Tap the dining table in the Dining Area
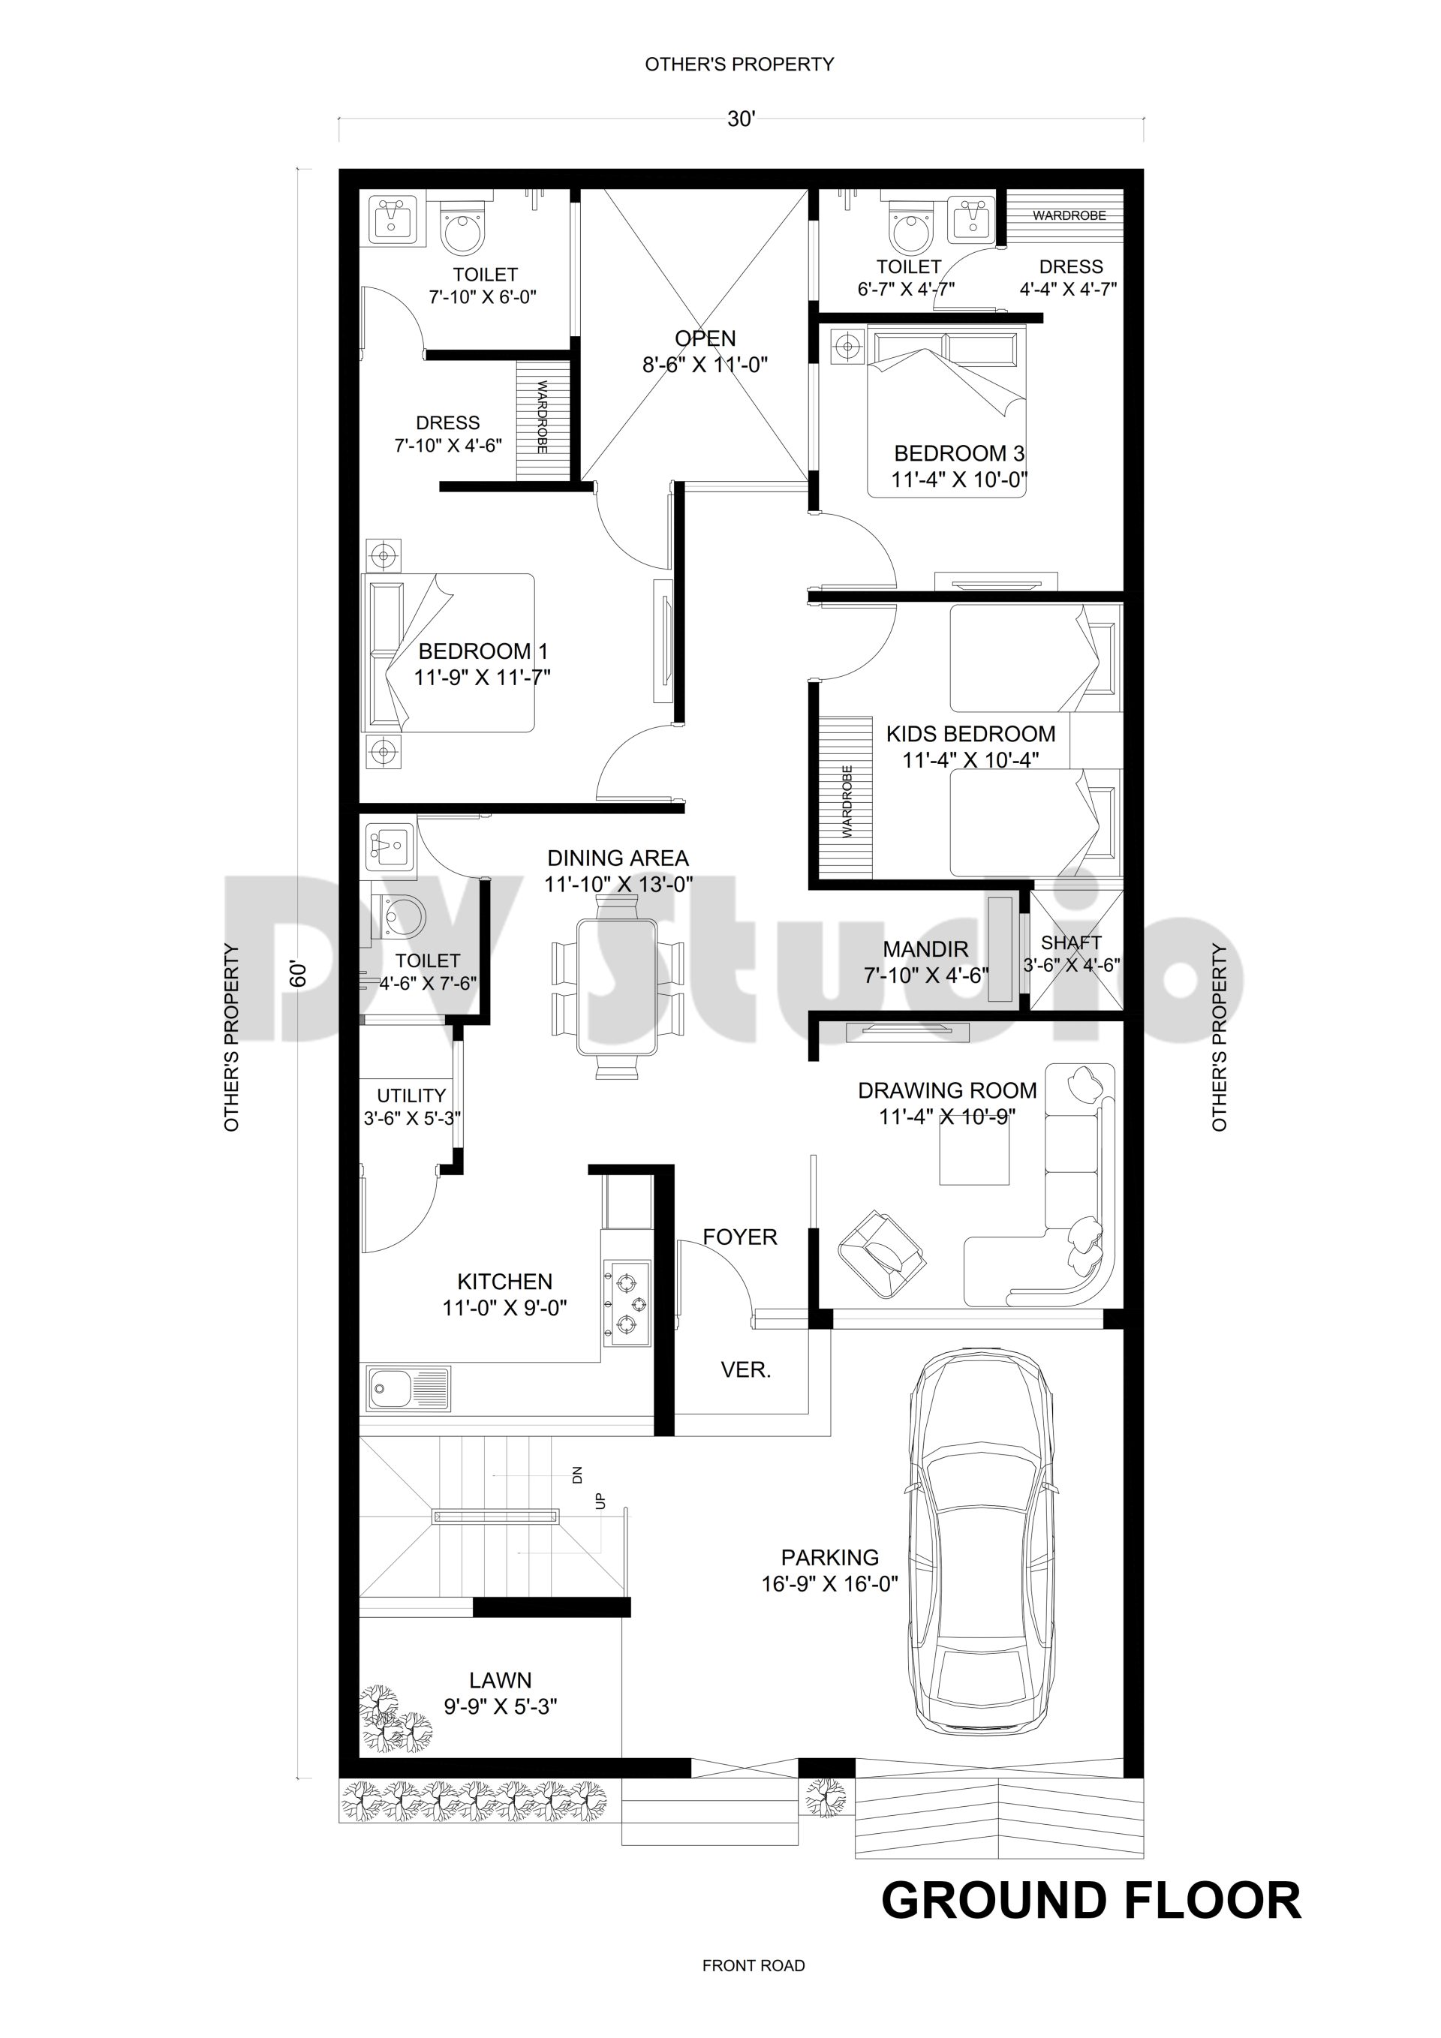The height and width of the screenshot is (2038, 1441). (x=617, y=986)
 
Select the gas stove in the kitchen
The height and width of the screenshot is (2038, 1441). (x=626, y=1303)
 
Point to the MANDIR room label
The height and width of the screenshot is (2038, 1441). (x=925, y=950)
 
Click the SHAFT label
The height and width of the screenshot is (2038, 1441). (x=1071, y=942)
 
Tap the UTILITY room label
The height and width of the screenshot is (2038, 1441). (x=411, y=1096)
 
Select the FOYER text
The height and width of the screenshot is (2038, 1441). (x=739, y=1237)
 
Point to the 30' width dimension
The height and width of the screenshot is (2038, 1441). (x=741, y=120)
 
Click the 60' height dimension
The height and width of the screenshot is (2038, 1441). (x=298, y=974)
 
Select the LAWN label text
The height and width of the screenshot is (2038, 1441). (x=500, y=1680)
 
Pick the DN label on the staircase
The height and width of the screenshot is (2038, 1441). (x=577, y=1476)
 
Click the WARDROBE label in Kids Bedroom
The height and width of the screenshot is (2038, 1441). (x=846, y=801)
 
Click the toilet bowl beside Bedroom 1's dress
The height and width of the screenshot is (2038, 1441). (x=464, y=233)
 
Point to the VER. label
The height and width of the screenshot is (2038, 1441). (x=746, y=1369)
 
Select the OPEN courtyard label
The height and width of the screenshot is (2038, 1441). (x=705, y=338)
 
